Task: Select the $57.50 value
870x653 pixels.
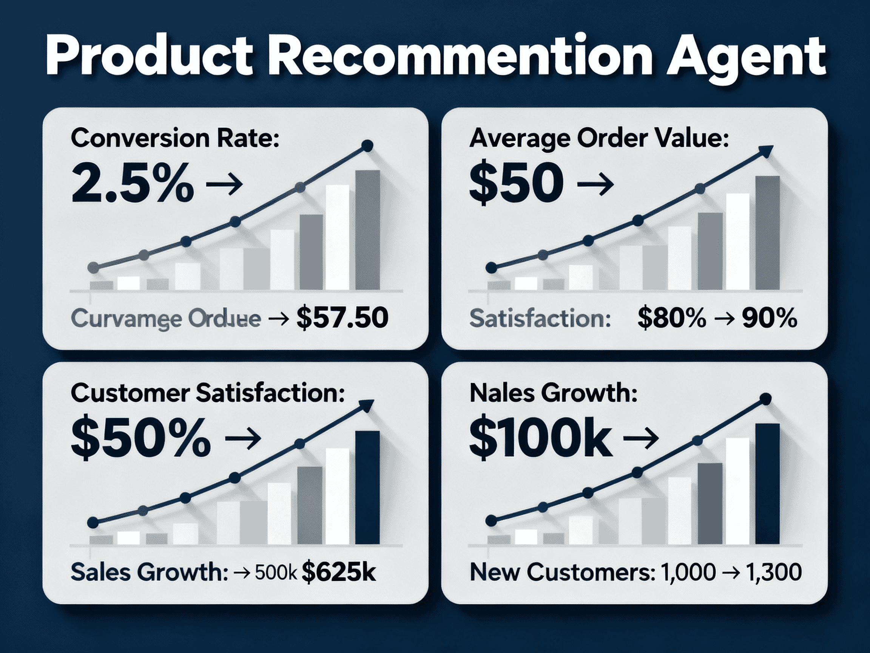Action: tap(342, 318)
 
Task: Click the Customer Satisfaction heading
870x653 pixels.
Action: tap(208, 393)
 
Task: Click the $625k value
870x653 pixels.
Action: tap(338, 572)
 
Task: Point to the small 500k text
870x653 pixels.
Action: tap(275, 573)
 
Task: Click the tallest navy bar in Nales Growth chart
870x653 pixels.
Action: tap(767, 484)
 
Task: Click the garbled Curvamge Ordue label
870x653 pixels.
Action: tap(165, 319)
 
